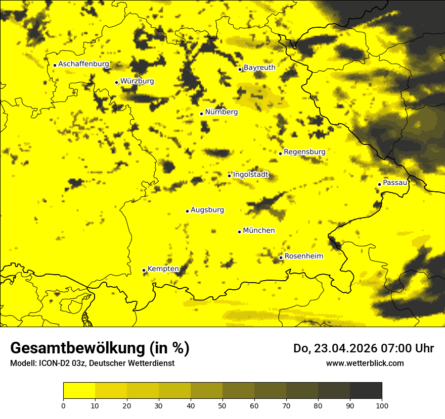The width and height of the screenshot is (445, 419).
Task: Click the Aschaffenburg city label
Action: click(83, 64)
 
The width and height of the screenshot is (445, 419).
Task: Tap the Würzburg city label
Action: click(137, 81)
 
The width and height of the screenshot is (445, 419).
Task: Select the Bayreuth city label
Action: click(259, 68)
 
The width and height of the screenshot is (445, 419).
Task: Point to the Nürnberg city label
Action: click(221, 112)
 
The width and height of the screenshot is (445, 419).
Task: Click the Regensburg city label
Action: click(304, 152)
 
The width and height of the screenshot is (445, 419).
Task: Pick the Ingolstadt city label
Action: click(251, 175)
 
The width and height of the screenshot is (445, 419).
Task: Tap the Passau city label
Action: click(395, 183)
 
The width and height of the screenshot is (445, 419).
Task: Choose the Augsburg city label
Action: click(207, 210)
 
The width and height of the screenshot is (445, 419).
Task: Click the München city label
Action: click(259, 231)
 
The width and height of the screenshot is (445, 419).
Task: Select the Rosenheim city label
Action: click(303, 256)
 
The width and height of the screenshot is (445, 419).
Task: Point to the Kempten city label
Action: click(163, 269)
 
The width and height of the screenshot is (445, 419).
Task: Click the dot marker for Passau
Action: click(379, 184)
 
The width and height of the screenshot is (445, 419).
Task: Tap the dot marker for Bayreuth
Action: click(240, 69)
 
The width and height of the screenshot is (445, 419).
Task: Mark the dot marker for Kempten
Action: click(144, 271)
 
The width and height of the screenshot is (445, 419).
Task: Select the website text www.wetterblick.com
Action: click(365, 363)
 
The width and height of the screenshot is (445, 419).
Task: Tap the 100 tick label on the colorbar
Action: click(382, 406)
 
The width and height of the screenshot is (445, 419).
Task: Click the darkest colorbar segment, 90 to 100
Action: click(366, 391)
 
